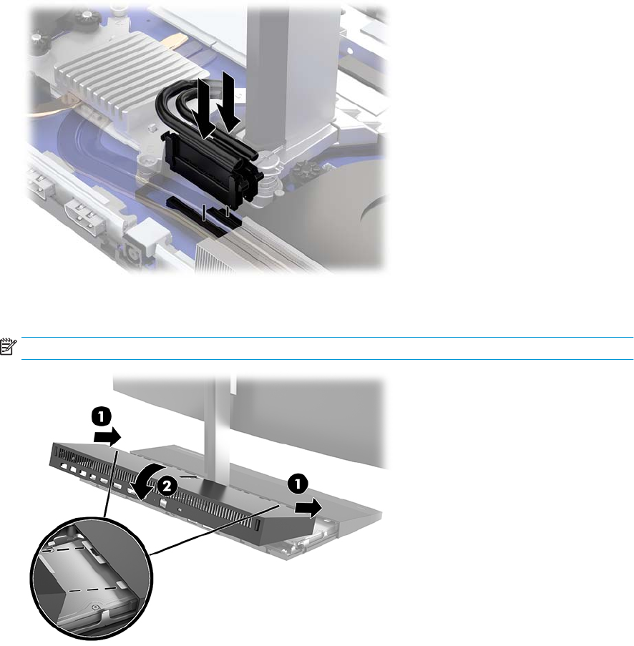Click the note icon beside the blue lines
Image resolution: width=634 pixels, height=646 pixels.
point(8,346)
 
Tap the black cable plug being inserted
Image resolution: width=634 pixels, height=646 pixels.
point(210,165)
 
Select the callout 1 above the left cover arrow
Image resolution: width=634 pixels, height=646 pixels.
point(102,416)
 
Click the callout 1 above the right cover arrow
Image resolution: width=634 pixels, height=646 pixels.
point(297,484)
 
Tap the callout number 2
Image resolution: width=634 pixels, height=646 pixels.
point(167,487)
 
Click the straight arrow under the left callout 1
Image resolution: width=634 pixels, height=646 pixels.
point(107,436)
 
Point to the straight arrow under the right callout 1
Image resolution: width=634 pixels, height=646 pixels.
point(308,507)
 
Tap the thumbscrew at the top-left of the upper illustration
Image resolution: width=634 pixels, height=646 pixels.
point(87,16)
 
